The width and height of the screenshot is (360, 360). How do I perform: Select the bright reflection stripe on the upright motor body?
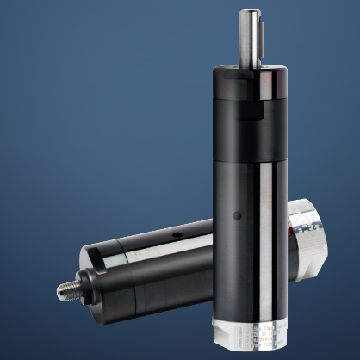272,215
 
